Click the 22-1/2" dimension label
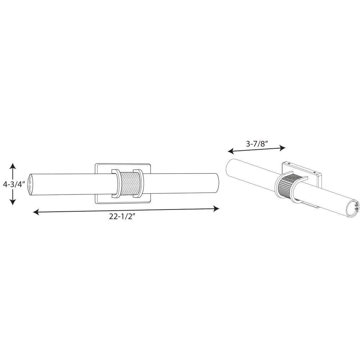tap(121, 216)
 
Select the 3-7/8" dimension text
tap(257, 144)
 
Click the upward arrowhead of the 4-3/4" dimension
tap(13, 166)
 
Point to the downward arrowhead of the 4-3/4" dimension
tap(13, 201)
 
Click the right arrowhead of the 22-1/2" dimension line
tap(216, 208)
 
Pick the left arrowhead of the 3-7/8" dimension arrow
tap(231, 151)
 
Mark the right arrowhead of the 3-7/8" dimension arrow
tap(282, 148)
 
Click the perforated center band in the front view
tap(127, 184)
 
